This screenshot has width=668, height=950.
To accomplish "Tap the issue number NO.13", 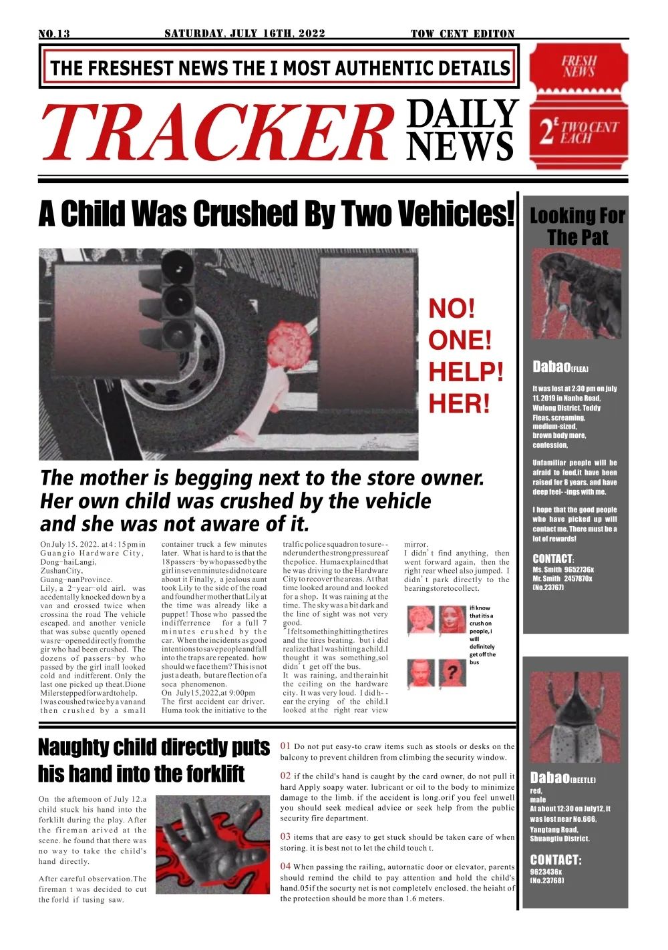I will (54, 34).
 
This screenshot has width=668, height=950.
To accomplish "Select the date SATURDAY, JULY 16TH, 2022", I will (244, 33).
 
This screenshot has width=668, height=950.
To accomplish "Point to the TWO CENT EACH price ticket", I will (578, 133).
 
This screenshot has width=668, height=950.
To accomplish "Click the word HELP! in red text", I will (466, 372).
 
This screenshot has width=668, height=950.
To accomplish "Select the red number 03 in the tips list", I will (285, 837).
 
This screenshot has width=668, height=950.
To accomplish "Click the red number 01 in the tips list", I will (285, 746).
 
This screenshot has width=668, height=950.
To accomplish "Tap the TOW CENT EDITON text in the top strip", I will (462, 34).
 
